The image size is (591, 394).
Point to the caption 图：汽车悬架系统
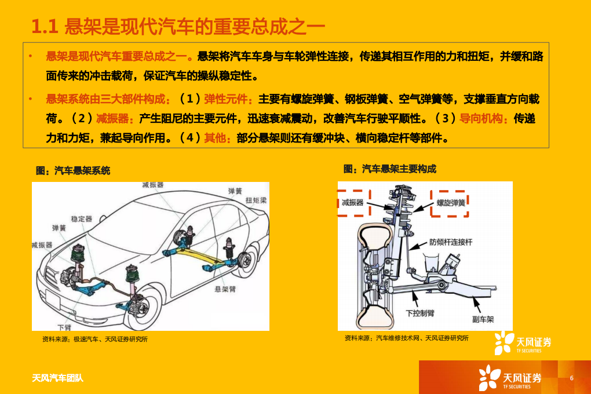click(x=73, y=170)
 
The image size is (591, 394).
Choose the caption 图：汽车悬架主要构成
click(x=389, y=169)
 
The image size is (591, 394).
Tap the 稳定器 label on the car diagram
click(x=81, y=218)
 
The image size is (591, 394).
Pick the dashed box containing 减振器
click(x=353, y=203)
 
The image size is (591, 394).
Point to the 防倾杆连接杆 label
click(x=450, y=242)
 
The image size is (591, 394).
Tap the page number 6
click(x=571, y=378)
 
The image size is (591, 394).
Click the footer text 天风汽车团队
click(x=57, y=378)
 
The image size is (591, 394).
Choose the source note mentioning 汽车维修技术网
click(x=406, y=338)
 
